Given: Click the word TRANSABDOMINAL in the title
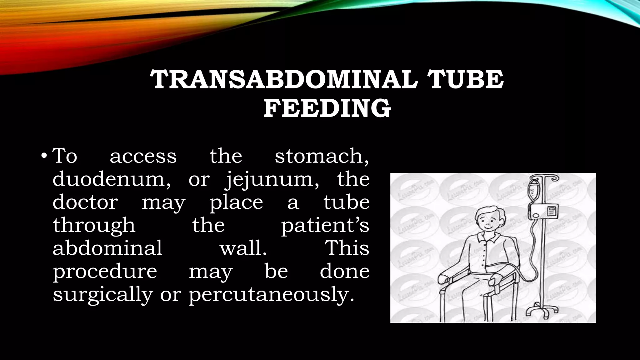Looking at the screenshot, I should point(284,79).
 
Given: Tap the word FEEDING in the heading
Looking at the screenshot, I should point(327,108).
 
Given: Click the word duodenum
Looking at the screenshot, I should point(111,179).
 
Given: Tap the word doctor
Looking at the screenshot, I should point(85,202).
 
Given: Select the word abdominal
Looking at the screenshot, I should point(107,248).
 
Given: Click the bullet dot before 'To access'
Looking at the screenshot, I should point(44,156).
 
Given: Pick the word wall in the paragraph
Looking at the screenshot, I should point(243,248).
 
